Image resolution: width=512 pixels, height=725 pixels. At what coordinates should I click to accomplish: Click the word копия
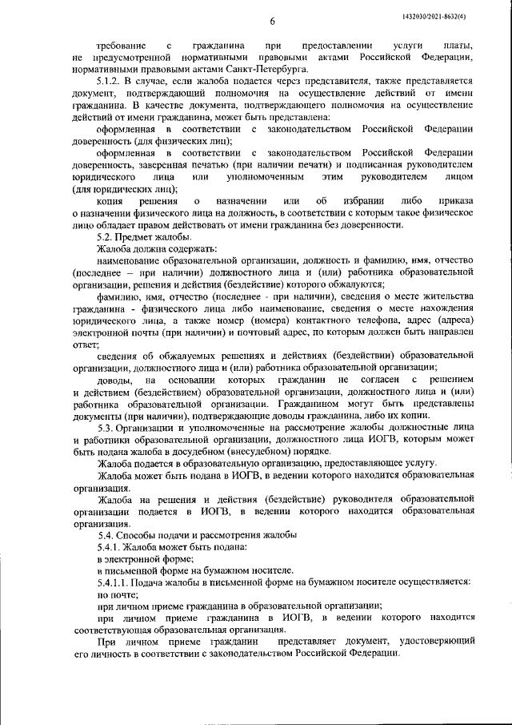(x=110, y=200)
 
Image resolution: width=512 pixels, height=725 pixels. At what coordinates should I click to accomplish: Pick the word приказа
(x=456, y=200)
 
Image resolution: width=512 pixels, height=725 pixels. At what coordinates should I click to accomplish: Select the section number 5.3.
(x=106, y=429)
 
